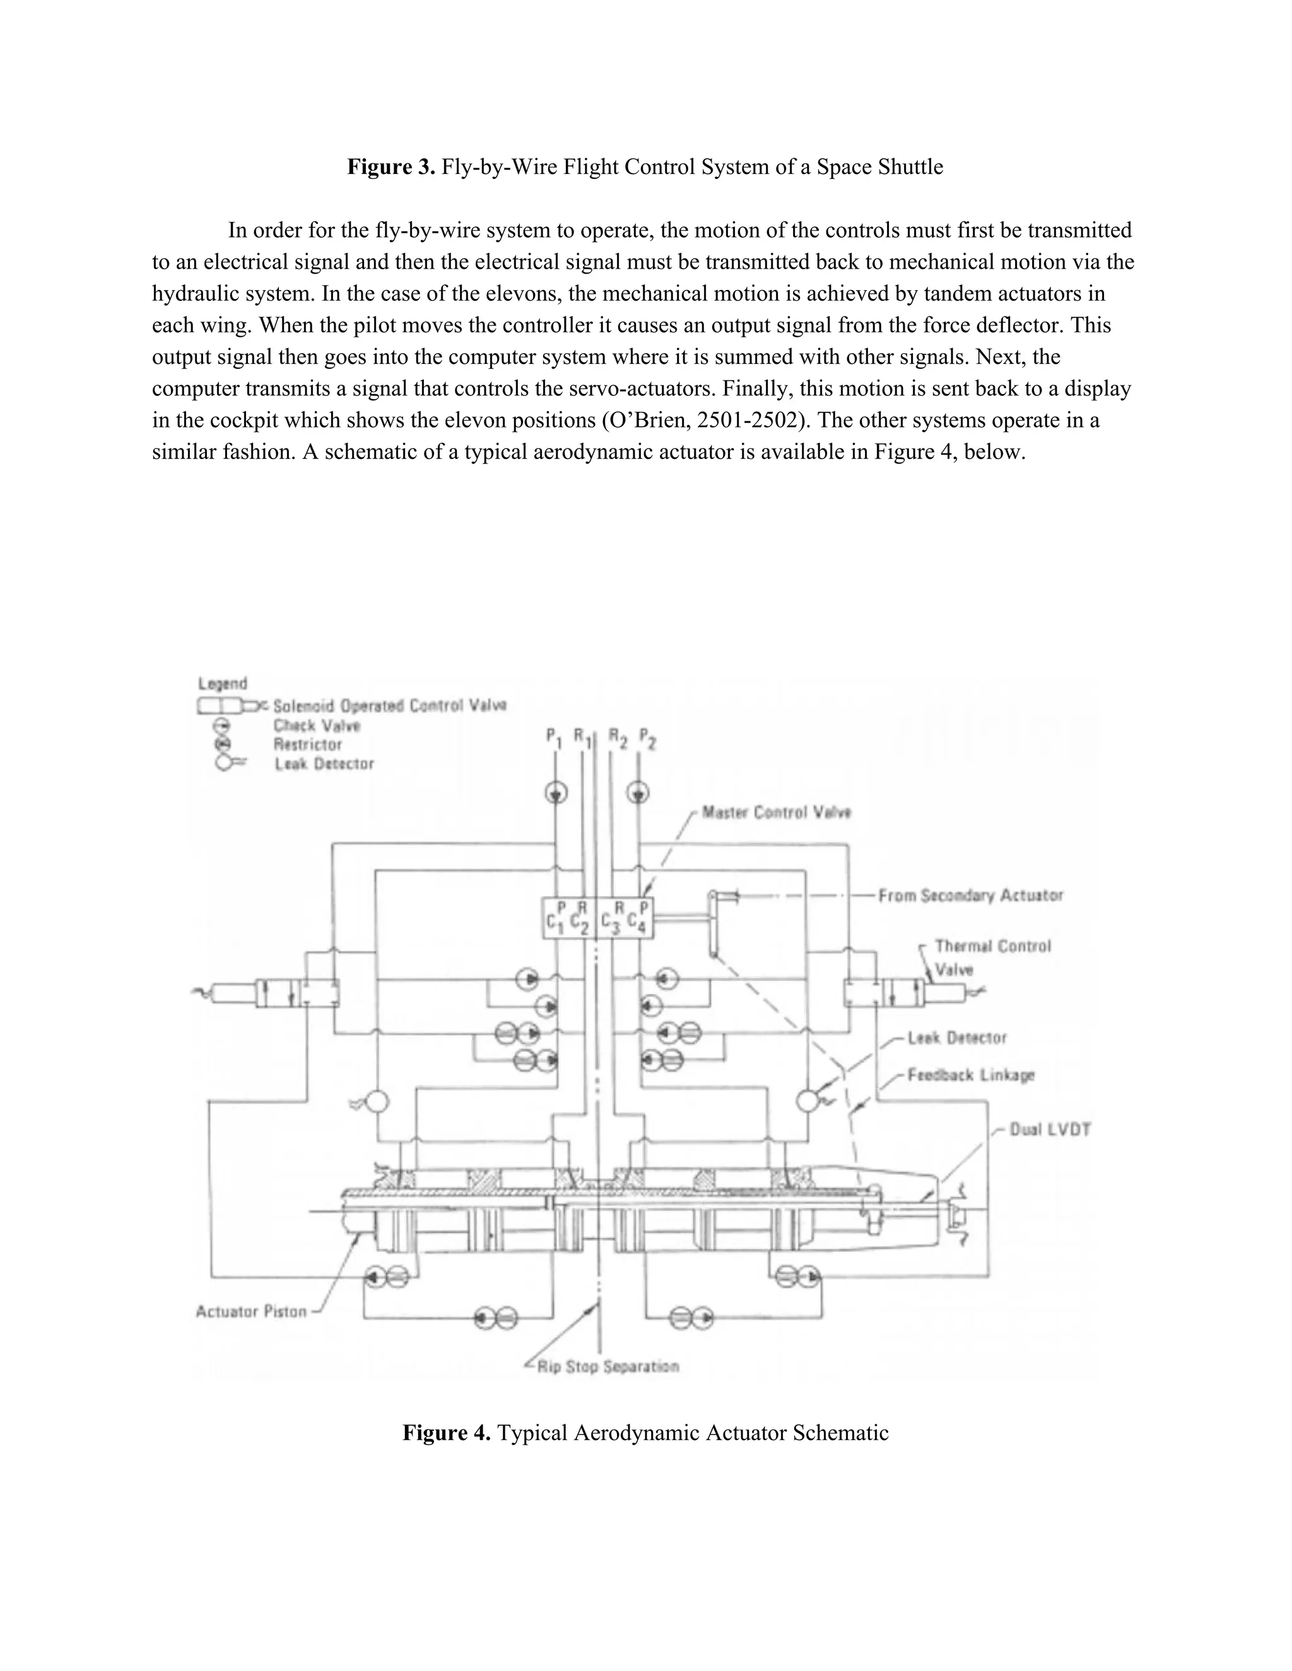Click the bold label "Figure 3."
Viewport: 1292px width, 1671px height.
(391, 167)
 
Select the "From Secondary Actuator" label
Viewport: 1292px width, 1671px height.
(970, 895)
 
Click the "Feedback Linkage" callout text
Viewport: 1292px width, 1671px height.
(970, 1075)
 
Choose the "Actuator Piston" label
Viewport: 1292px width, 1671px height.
(251, 1312)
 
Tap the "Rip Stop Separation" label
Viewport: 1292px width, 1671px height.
(608, 1366)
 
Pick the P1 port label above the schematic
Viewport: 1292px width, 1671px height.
(554, 738)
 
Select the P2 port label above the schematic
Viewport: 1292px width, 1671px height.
(647, 738)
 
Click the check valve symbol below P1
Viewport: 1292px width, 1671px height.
(556, 793)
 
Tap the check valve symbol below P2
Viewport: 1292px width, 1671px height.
(638, 793)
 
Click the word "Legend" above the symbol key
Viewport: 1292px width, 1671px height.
(223, 684)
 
